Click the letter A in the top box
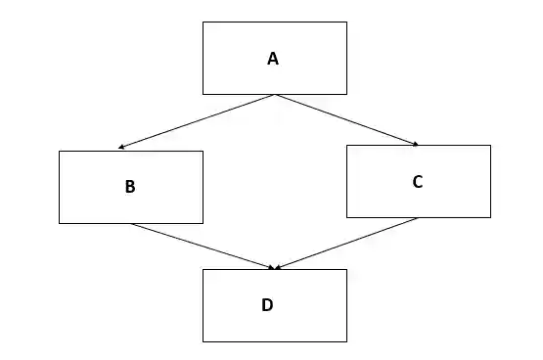(x=273, y=59)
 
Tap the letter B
(x=130, y=188)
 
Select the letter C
(x=418, y=181)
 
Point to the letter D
(x=267, y=305)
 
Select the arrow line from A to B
(x=196, y=121)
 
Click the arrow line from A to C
(x=347, y=119)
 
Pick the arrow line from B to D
(x=204, y=246)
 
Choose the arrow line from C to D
(x=347, y=243)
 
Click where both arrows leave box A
(x=275, y=95)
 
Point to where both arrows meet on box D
(x=275, y=268)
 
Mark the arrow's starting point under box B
(x=131, y=224)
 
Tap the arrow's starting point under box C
(x=419, y=218)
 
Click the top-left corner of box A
(x=203, y=22)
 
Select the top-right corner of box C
(x=490, y=146)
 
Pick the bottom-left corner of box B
(x=59, y=223)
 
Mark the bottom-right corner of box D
(x=346, y=341)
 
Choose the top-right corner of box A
(x=346, y=22)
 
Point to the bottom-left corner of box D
(x=203, y=341)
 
